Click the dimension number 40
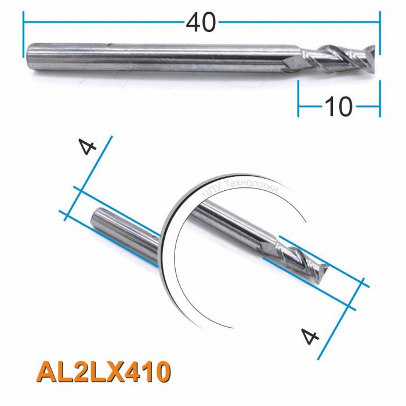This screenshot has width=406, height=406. click(x=201, y=23)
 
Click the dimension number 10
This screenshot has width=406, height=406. click(x=338, y=107)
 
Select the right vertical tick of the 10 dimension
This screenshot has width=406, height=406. click(x=380, y=99)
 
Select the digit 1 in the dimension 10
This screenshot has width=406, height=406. click(x=329, y=107)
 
